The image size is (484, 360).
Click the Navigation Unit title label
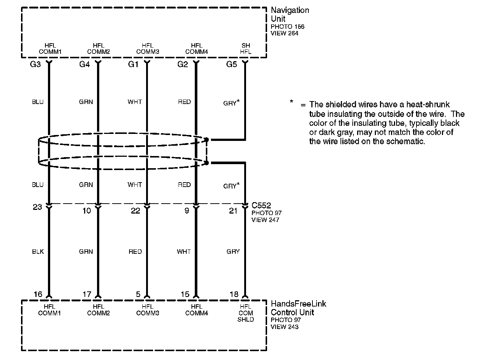coord(290,14)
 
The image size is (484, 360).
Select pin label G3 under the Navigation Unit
coord(35,65)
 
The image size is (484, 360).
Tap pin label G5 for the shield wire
coord(231,65)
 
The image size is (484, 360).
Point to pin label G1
coord(133,65)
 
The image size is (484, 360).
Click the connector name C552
coord(261,205)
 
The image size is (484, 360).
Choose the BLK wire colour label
coord(38,252)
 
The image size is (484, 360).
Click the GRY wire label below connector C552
coord(233,252)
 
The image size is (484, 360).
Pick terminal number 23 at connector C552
coord(37,207)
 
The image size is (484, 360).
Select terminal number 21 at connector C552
coord(233,211)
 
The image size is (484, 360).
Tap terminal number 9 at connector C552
coord(187,211)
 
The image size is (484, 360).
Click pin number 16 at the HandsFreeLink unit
coord(38,294)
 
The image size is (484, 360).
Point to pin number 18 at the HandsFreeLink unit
coord(234,294)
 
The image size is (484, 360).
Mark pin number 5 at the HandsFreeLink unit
coord(138,294)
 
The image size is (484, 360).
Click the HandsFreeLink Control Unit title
coord(298,308)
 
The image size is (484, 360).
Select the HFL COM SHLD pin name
coord(246,313)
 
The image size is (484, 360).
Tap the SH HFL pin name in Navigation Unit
coord(246,49)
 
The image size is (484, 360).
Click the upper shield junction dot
coord(207,140)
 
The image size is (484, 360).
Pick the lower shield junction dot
coord(207,163)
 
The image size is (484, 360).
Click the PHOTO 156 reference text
coord(287,27)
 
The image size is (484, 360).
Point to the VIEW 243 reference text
coord(284,327)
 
